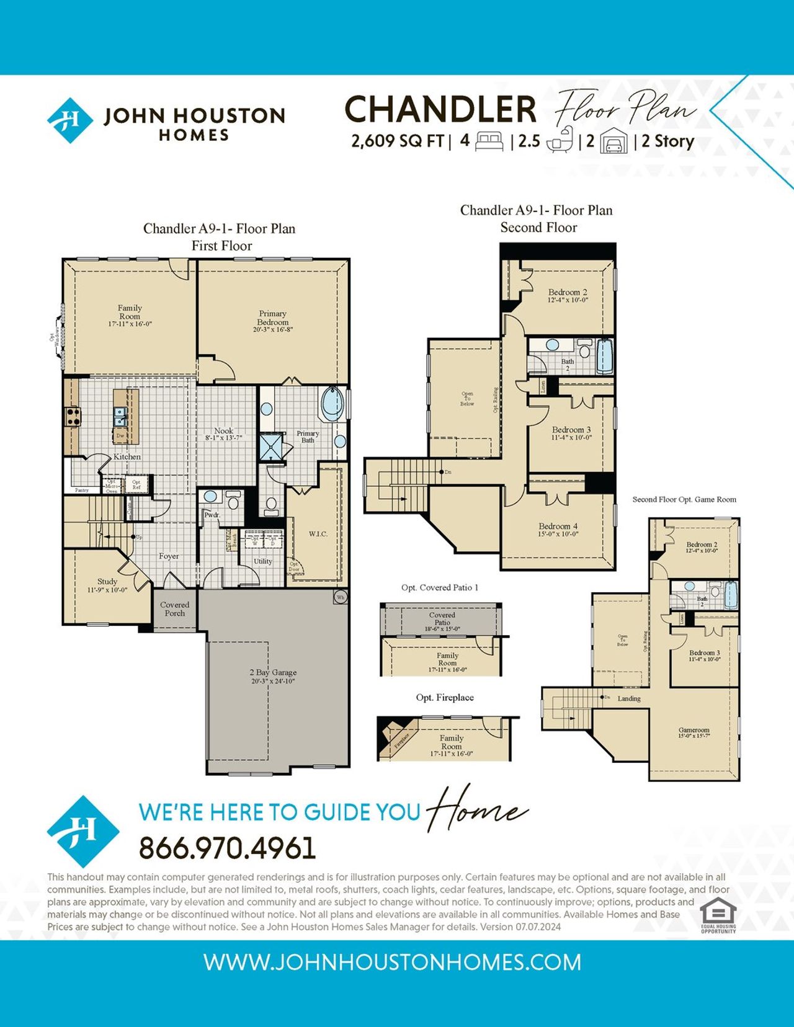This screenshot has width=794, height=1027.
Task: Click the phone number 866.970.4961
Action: (x=227, y=848)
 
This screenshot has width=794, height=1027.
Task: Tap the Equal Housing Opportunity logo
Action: (x=718, y=914)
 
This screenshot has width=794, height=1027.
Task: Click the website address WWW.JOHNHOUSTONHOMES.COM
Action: (x=392, y=962)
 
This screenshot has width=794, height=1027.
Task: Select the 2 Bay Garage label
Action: (x=273, y=675)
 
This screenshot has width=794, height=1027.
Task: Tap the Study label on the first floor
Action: (x=107, y=585)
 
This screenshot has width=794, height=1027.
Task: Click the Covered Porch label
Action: (x=174, y=608)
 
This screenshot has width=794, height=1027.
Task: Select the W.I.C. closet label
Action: (x=318, y=533)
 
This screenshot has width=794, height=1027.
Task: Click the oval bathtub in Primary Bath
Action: (x=332, y=403)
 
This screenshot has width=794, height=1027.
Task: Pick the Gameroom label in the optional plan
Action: (x=694, y=732)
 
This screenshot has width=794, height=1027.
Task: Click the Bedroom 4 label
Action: (x=558, y=529)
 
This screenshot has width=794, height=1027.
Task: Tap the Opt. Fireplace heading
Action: (x=444, y=697)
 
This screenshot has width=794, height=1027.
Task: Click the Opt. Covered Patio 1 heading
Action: (x=439, y=587)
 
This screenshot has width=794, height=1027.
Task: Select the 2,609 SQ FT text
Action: (x=398, y=141)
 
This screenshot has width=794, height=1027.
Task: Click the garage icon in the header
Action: (x=613, y=141)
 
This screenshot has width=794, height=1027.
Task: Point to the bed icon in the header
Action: (x=489, y=141)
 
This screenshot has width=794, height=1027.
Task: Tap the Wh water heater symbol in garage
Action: (x=340, y=597)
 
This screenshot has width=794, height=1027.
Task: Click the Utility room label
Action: (x=262, y=561)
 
